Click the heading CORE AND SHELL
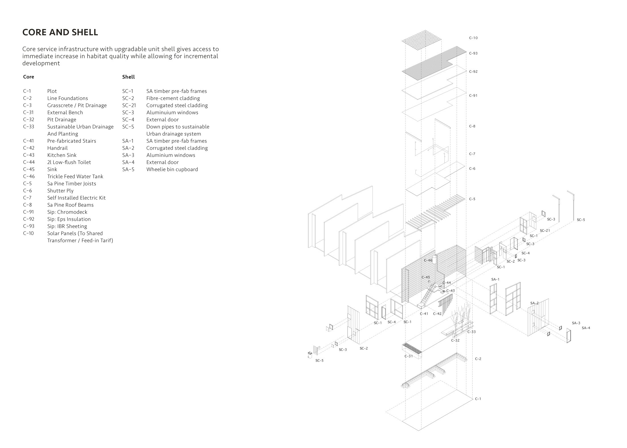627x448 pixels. [x=60, y=32]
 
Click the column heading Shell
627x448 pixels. [x=129, y=77]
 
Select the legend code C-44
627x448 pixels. [x=29, y=162]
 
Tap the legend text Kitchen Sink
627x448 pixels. [x=62, y=155]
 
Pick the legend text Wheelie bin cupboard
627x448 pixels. [x=172, y=169]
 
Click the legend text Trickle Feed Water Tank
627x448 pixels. [x=75, y=176]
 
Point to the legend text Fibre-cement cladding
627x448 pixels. [x=173, y=98]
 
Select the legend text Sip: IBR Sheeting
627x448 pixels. [x=67, y=226]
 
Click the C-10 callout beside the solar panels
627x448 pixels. [x=473, y=38]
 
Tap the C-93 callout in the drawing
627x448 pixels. [x=473, y=53]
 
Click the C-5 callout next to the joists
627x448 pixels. [x=472, y=199]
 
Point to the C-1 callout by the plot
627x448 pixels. [x=478, y=399]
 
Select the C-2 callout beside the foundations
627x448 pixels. [x=478, y=359]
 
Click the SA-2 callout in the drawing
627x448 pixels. [x=534, y=303]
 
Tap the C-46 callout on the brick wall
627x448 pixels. [x=428, y=260]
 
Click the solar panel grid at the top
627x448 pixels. [x=421, y=40]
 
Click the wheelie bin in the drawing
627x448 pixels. [x=310, y=355]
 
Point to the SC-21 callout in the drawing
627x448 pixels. [x=545, y=231]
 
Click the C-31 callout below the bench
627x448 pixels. [x=409, y=356]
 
